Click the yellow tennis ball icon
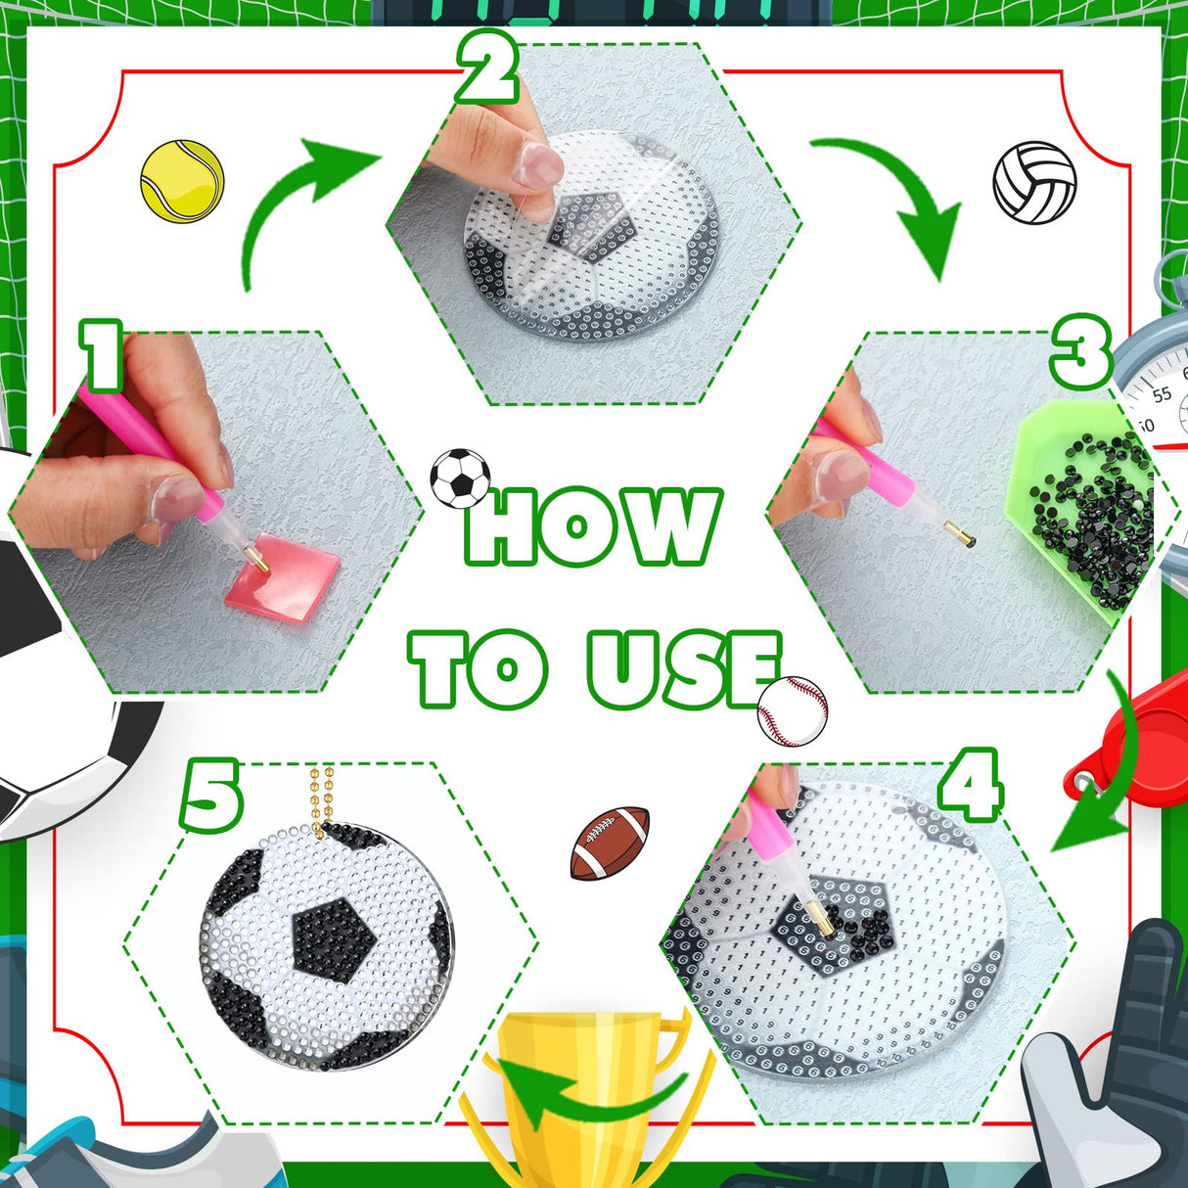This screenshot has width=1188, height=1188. click(182, 182)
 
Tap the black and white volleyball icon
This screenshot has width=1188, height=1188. click(1034, 183)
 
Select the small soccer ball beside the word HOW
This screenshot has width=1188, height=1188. click(460, 479)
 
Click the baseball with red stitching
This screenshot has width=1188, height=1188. click(793, 710)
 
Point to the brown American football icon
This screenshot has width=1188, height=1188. click(610, 843)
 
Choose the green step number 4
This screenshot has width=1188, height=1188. click(970, 785)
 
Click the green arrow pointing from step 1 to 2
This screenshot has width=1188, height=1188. click(294, 201)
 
